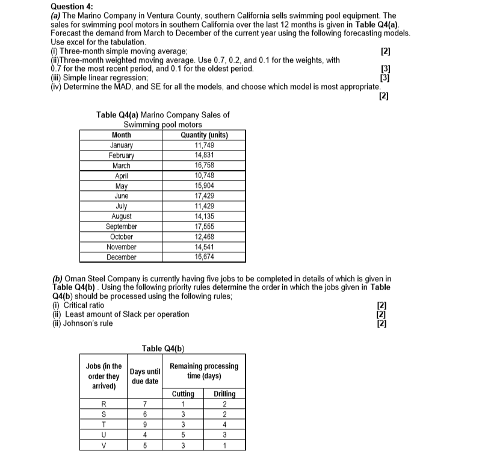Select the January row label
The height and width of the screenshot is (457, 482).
pyautogui.click(x=122, y=145)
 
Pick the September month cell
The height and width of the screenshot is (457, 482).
pyautogui.click(x=122, y=227)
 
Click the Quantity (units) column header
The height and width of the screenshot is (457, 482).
pyautogui.click(x=205, y=135)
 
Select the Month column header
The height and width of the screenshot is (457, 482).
pyautogui.click(x=122, y=135)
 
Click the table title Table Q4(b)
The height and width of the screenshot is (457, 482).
pyautogui.click(x=163, y=348)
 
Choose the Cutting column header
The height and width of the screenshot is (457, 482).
pyautogui.click(x=183, y=394)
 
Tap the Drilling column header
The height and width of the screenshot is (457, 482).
pyautogui.click(x=224, y=394)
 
